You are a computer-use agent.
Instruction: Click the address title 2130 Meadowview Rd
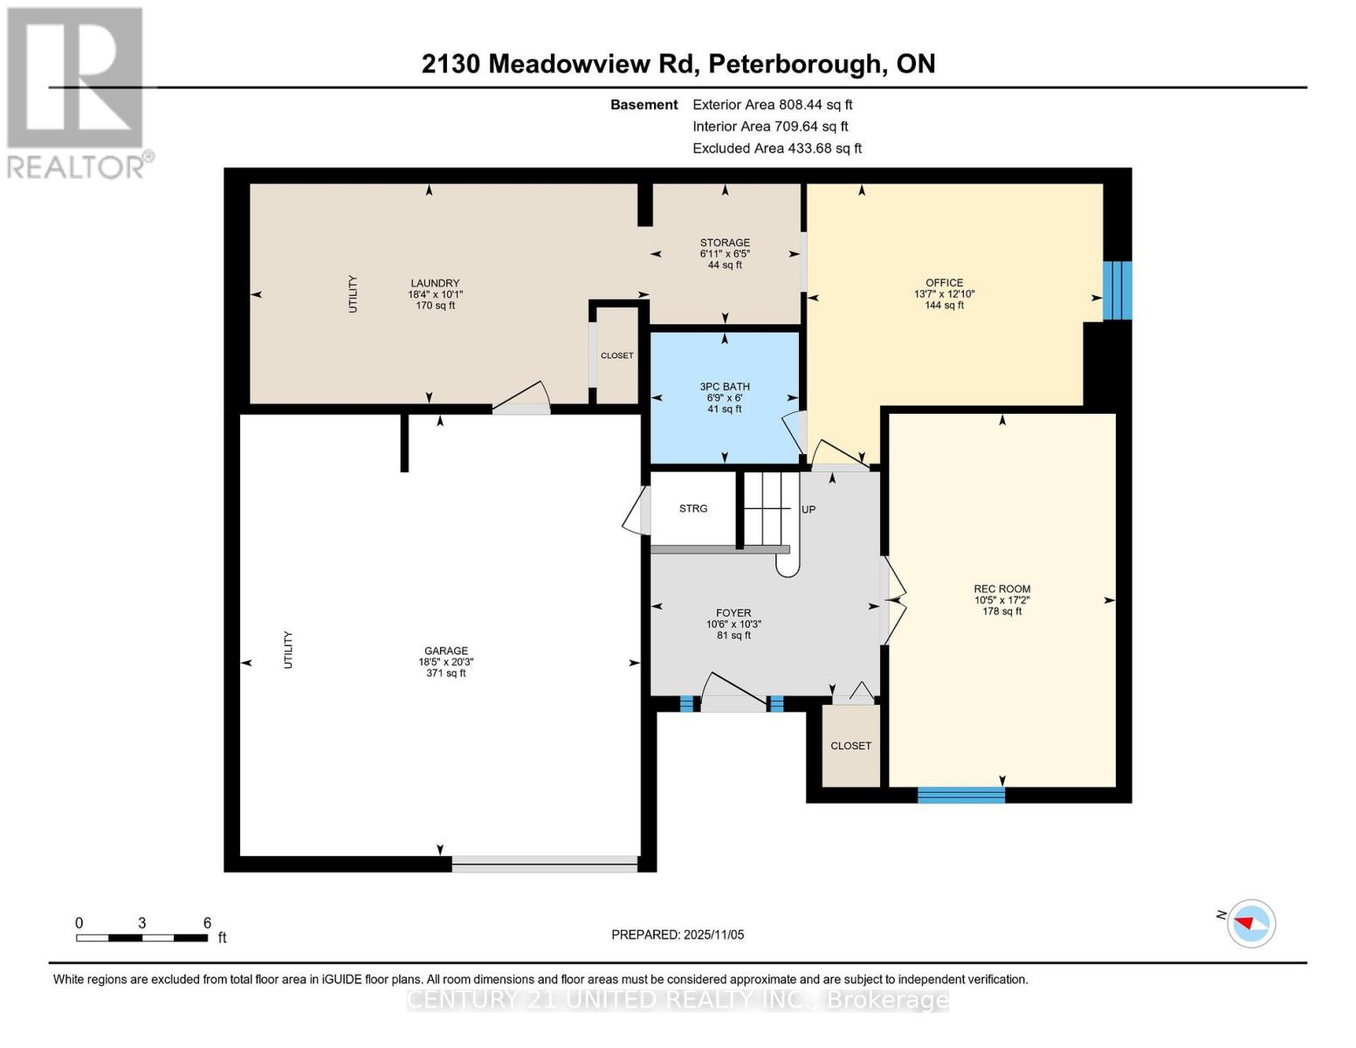(678, 64)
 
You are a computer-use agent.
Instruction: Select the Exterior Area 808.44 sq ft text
(772, 105)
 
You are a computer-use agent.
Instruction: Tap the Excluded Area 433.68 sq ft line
(776, 148)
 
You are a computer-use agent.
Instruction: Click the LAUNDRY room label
(435, 294)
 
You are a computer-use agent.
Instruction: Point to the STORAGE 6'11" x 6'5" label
(725, 253)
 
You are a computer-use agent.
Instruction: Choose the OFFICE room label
(944, 294)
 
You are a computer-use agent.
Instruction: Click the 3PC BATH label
(725, 397)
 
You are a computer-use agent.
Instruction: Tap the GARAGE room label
(445, 662)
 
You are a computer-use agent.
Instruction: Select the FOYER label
(733, 624)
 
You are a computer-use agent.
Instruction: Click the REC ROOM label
(1002, 600)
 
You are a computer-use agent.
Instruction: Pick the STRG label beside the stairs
(693, 508)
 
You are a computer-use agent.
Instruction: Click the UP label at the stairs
(809, 509)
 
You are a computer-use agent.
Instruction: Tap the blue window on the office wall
(1117, 291)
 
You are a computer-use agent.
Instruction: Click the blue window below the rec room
(960, 795)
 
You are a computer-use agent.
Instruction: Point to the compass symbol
(1250, 923)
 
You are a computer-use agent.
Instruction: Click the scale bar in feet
(141, 937)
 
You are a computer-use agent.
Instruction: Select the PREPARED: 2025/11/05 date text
(678, 934)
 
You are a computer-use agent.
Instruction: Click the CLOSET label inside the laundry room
(616, 355)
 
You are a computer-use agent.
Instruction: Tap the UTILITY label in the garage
(288, 650)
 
